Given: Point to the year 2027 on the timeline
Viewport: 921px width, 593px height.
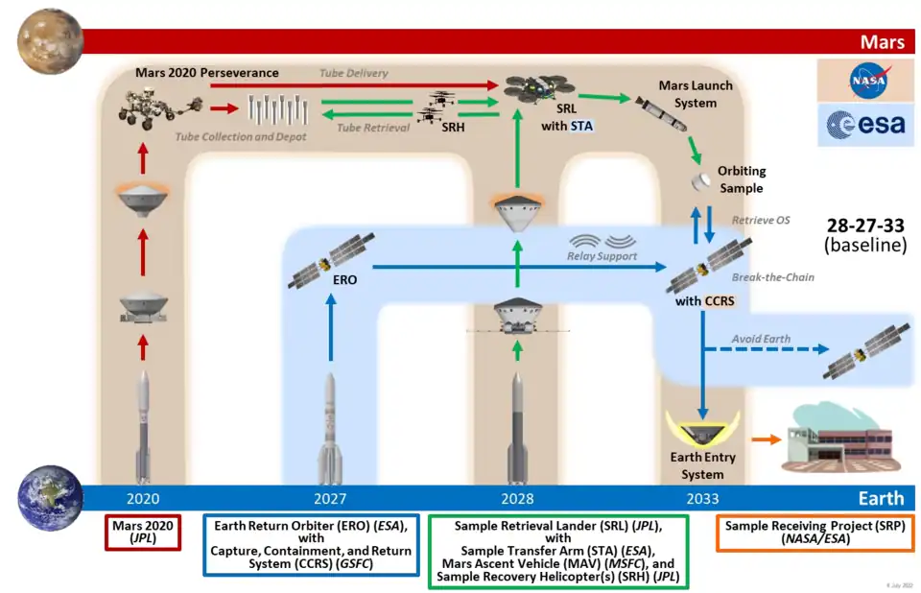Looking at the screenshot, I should point(330,499).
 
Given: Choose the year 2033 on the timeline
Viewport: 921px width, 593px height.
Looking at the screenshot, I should point(702,499).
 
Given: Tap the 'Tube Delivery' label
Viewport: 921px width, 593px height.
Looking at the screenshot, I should point(353,73).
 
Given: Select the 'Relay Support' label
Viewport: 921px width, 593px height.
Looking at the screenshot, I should point(602,257).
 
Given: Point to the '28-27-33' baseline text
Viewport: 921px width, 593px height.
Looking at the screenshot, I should point(865,225).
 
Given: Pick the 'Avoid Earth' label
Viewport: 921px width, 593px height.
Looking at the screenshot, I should point(761,339).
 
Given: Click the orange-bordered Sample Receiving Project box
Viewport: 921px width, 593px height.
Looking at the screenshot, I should point(801,534).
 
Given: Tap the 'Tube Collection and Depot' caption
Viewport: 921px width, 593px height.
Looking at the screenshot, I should point(241,137).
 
